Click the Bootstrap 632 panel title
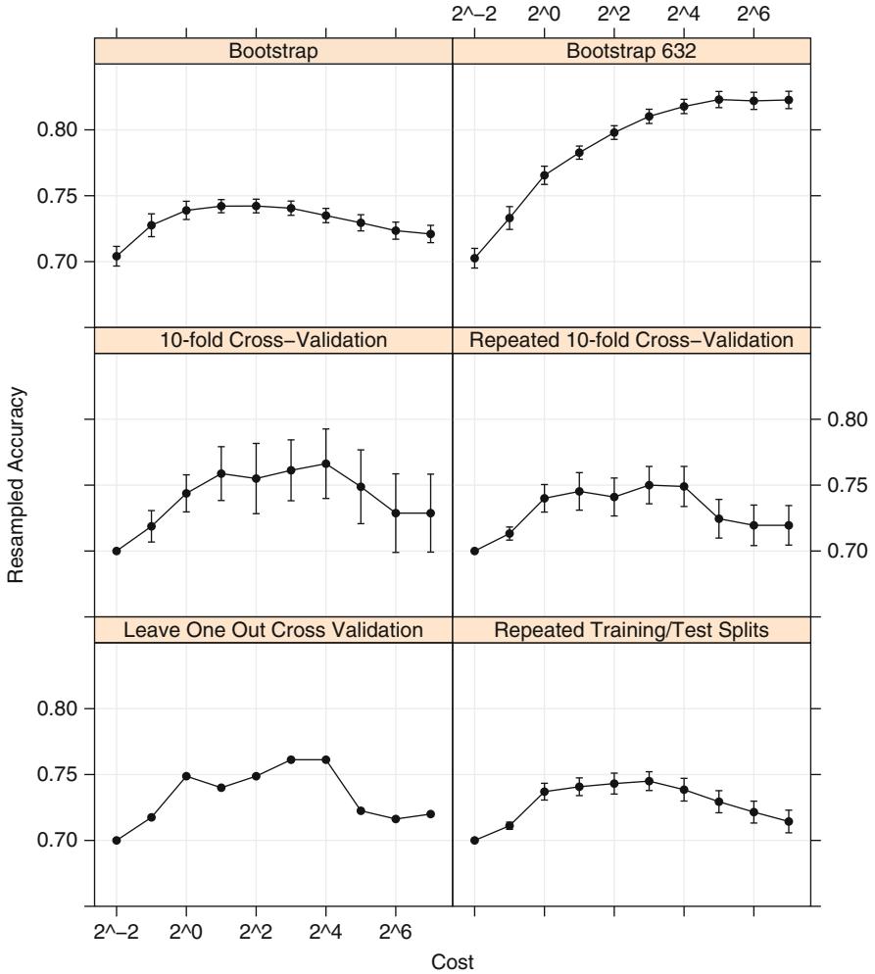click(631, 51)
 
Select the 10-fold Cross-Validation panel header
click(273, 340)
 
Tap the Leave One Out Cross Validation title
click(273, 630)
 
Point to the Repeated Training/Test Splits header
click(631, 630)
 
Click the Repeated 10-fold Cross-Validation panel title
click(631, 340)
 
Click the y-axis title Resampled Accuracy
click(15, 487)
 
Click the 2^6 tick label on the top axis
click(753, 14)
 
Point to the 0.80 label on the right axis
click(845, 419)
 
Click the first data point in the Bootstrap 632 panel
click(474, 259)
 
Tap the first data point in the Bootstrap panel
click(117, 257)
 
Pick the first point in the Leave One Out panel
click(117, 840)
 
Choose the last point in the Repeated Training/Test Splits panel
click(789, 821)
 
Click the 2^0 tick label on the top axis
click(544, 14)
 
